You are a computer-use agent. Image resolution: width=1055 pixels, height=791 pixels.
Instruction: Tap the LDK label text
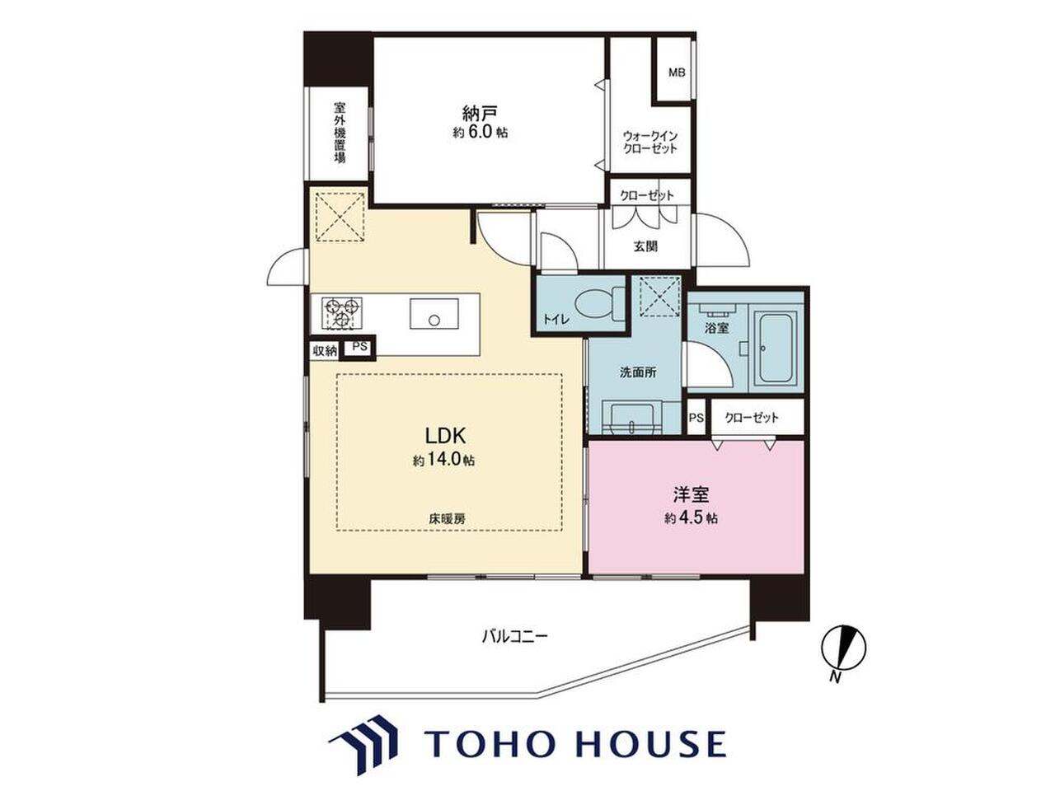tap(444, 436)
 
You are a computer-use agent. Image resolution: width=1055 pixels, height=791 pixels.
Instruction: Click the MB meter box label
tap(677, 73)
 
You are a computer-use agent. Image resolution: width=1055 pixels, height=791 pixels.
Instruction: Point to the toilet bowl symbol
tap(599, 305)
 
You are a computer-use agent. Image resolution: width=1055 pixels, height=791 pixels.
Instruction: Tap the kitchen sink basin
tap(434, 314)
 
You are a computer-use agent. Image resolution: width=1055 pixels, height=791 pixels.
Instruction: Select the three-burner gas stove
tap(342, 312)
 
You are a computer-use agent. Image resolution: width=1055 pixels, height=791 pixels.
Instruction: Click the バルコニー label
tap(515, 637)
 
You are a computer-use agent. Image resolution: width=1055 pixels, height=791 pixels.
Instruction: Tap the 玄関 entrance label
tap(645, 247)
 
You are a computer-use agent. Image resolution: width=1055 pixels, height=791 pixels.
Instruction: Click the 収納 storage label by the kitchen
tap(325, 351)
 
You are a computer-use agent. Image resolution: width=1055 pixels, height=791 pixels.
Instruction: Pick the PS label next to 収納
tap(359, 347)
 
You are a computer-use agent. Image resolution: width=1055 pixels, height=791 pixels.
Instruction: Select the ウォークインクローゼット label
tap(649, 143)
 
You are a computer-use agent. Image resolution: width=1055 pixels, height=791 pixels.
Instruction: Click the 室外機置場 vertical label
tap(340, 133)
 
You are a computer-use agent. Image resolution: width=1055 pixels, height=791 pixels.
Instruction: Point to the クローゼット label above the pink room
tap(751, 418)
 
